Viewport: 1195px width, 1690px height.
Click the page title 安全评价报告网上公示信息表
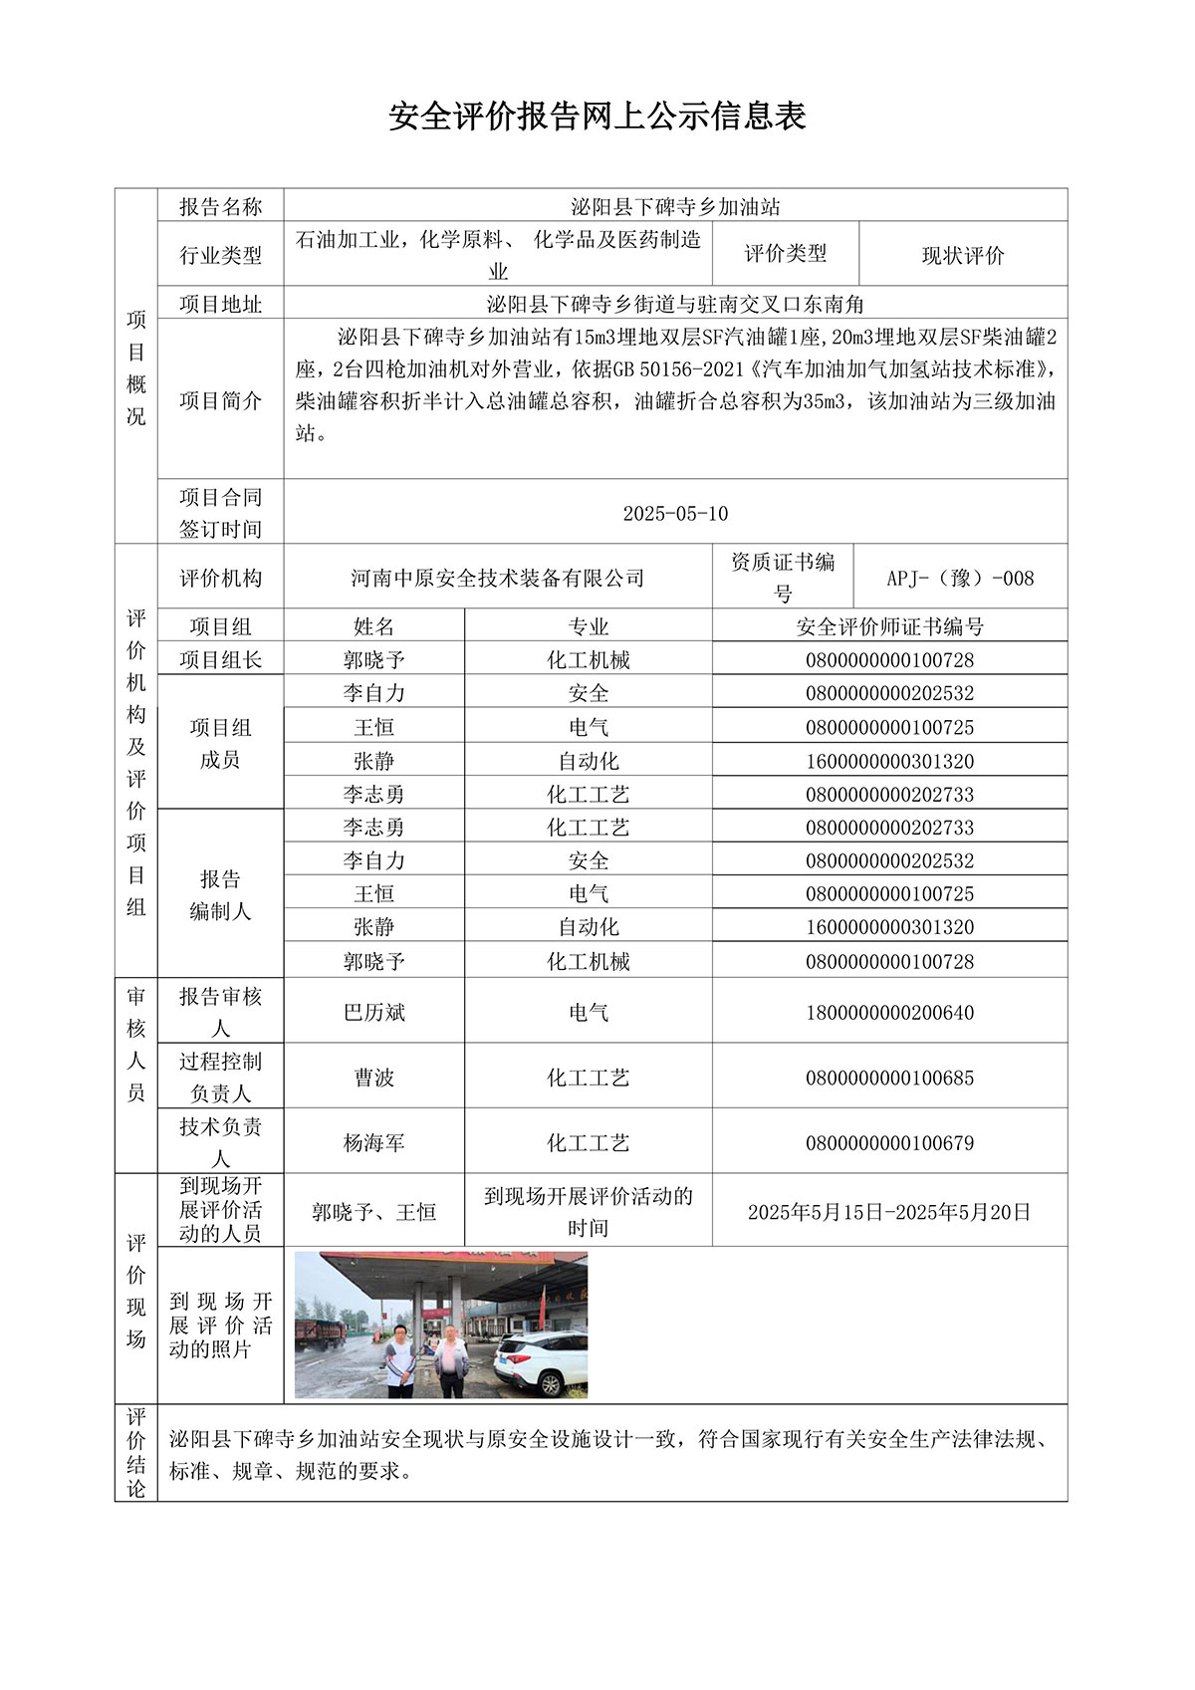pos(597,117)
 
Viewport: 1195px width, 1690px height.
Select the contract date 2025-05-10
pos(675,514)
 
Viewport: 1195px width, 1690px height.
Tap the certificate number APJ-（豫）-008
pos(960,578)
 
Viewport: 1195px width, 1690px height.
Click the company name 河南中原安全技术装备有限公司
pos(498,578)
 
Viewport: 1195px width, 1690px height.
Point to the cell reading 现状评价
pos(963,255)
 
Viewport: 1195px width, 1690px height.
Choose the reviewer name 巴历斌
pos(374,1012)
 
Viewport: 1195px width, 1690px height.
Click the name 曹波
pos(374,1078)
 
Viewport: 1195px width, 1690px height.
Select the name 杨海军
pos(374,1143)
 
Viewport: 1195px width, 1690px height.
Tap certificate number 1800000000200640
pos(889,1012)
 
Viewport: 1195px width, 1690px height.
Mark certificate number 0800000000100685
pos(889,1078)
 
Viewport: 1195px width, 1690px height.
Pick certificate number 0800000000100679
pos(889,1143)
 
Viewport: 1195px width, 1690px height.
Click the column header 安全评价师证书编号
pos(889,626)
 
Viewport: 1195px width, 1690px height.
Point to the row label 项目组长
pos(220,659)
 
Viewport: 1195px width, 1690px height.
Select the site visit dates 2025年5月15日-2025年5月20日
pos(889,1212)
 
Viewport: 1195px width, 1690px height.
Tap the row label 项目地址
pos(220,304)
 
